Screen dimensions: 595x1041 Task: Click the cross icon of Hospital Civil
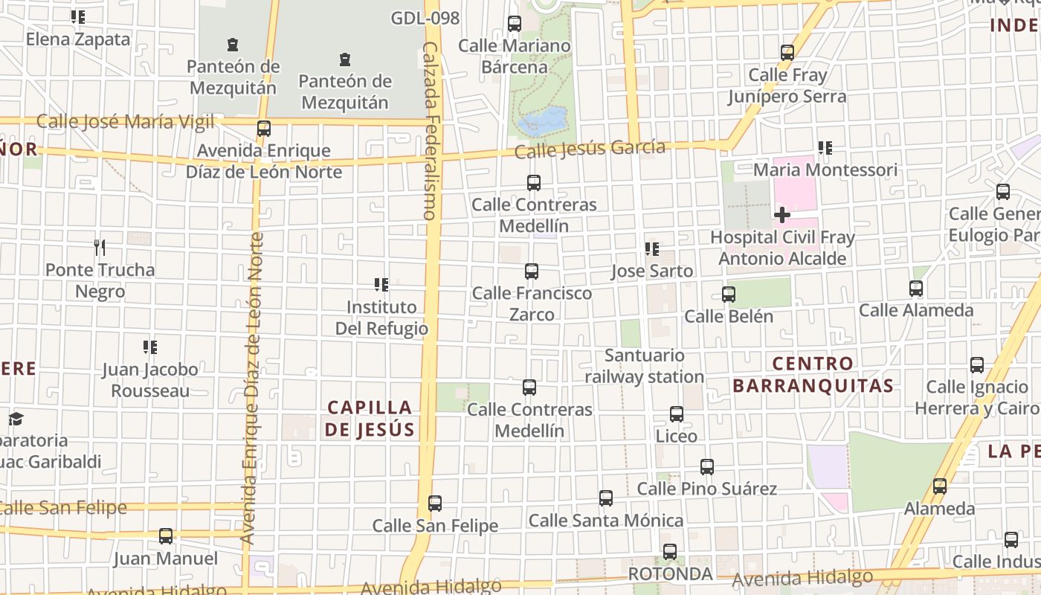click(781, 215)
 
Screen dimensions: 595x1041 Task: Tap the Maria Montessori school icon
click(825, 148)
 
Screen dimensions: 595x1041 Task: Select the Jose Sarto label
click(652, 271)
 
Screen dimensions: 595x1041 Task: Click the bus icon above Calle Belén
click(729, 295)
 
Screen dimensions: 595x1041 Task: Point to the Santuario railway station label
click(644, 366)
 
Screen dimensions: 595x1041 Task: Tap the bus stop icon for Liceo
click(677, 414)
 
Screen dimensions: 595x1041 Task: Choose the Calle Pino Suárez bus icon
click(707, 467)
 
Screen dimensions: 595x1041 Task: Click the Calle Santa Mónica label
click(606, 520)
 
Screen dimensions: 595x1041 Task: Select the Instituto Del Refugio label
click(381, 318)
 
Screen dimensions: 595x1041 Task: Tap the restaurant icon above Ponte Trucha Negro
click(100, 247)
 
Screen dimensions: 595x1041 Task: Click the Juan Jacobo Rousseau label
click(150, 379)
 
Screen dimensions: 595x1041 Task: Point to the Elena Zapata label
click(78, 39)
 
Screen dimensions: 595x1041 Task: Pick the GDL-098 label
click(425, 19)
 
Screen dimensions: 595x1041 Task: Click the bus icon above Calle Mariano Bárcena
click(515, 24)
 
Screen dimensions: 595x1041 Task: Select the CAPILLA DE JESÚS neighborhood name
click(370, 418)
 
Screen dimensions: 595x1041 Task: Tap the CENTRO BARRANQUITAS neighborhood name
click(813, 374)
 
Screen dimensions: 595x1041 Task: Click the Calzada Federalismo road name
click(430, 130)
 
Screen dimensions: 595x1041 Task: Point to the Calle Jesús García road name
click(590, 149)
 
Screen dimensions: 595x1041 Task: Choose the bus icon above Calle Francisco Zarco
click(532, 271)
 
